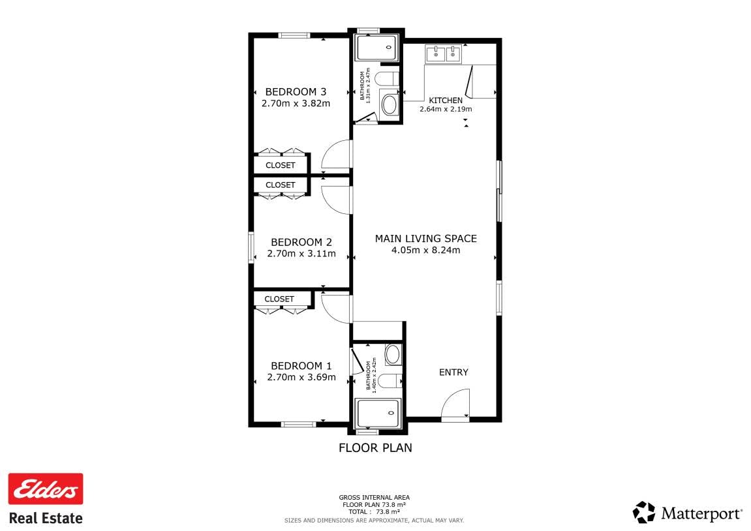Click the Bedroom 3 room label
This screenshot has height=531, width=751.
click(x=296, y=91)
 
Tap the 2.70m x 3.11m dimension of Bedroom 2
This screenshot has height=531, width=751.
click(x=301, y=254)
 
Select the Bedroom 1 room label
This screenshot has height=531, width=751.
click(x=301, y=366)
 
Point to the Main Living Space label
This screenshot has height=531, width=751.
click(x=426, y=239)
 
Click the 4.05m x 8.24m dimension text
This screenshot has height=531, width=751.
click(x=426, y=250)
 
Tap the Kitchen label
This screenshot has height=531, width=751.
click(x=446, y=100)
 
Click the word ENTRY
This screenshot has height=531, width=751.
click(x=453, y=372)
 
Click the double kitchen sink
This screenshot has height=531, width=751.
click(x=444, y=53)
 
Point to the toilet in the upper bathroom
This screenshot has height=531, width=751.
click(x=386, y=78)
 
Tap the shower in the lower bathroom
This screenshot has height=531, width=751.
click(x=378, y=413)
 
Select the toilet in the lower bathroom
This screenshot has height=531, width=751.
click(x=389, y=381)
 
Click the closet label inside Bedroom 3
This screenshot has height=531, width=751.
click(x=280, y=165)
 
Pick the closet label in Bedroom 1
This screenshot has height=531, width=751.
click(x=279, y=299)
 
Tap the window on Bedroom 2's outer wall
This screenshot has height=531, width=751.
click(x=251, y=247)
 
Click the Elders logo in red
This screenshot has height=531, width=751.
click(x=46, y=489)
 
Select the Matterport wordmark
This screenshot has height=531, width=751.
click(x=701, y=514)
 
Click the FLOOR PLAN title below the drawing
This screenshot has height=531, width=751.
click(x=375, y=448)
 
